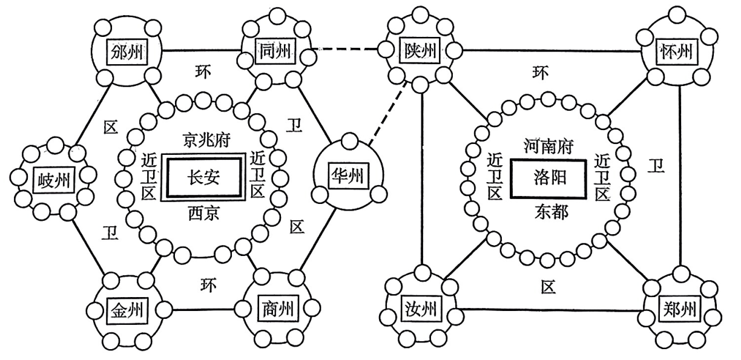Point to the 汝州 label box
point(420,310)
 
